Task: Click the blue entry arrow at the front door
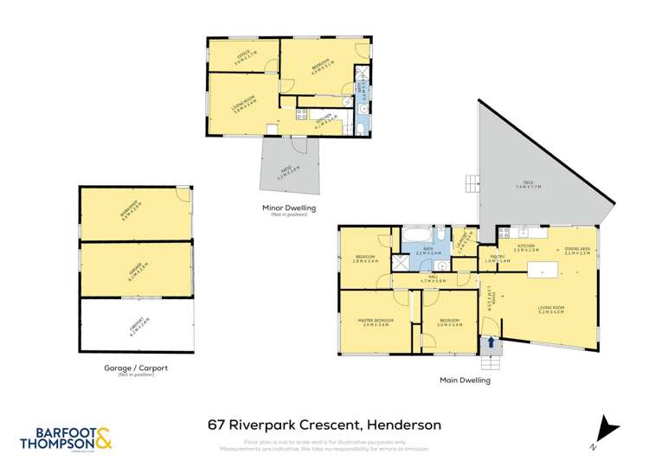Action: [x=492, y=342]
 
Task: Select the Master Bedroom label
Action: [x=374, y=324]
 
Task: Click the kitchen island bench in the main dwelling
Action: [x=545, y=270]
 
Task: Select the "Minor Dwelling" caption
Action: [x=290, y=208]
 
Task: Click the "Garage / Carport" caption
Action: [x=135, y=368]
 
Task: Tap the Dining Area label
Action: [x=576, y=250]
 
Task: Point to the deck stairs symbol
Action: [x=472, y=182]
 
